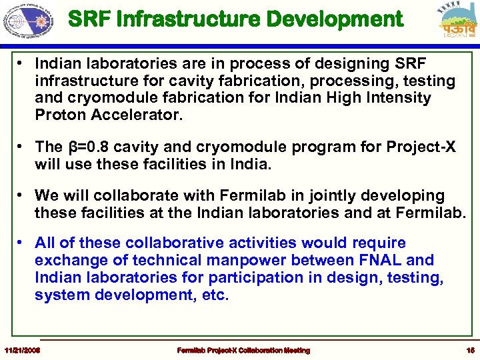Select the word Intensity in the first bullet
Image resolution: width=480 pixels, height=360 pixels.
tap(401, 98)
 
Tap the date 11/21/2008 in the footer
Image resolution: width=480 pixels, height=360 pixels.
tap(21, 350)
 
